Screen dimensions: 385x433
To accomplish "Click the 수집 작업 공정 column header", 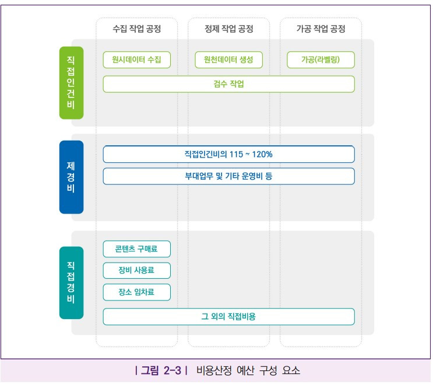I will coord(136,29).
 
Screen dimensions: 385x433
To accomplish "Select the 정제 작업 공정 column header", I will coord(228,29).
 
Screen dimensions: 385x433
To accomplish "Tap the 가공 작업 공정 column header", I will coord(321,29).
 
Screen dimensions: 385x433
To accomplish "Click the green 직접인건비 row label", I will coord(71,82).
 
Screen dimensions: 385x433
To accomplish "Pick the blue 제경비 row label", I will coord(71,177).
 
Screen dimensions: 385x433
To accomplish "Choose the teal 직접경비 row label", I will coord(71,282).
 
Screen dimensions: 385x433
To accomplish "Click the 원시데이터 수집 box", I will coord(137,60).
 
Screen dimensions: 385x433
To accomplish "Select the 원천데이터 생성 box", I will coord(228,60).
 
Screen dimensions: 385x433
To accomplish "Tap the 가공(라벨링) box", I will coord(321,60).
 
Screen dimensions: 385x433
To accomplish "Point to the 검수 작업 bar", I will coord(228,84).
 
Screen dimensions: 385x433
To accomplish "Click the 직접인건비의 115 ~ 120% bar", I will coord(228,154).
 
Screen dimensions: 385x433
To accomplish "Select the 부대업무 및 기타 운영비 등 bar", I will coord(228,176).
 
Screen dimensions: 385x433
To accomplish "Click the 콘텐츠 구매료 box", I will coord(137,249).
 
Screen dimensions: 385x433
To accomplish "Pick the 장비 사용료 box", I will coord(137,271).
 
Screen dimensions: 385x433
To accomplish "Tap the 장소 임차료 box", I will coord(137,292).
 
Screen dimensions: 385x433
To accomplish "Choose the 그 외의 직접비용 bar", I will coord(228,317).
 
